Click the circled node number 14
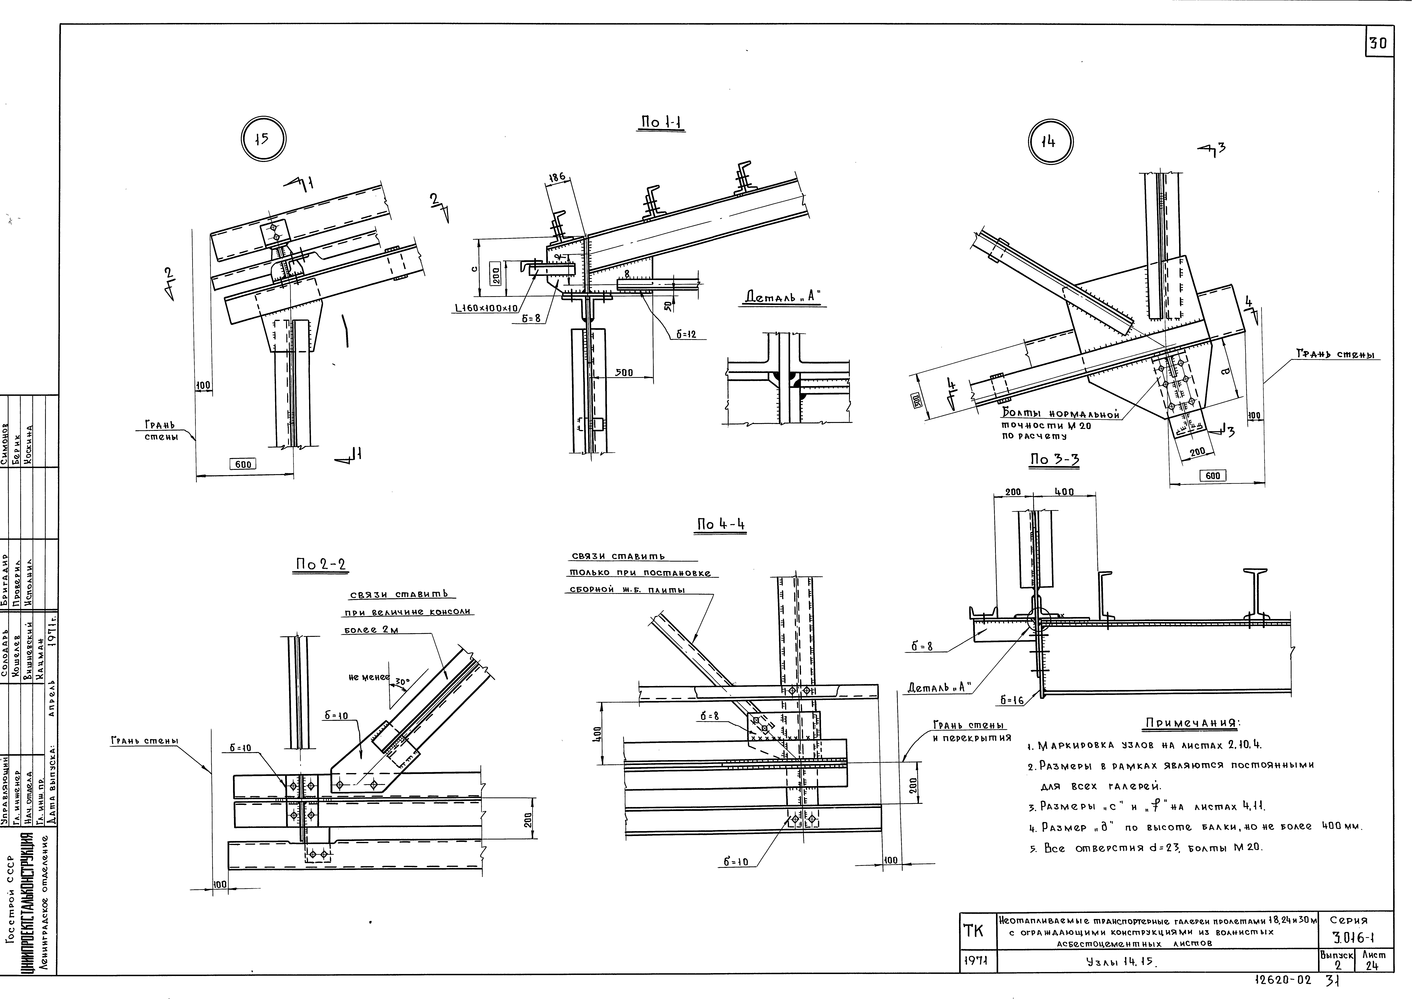(1050, 142)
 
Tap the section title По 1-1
(662, 123)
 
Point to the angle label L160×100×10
(487, 308)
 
